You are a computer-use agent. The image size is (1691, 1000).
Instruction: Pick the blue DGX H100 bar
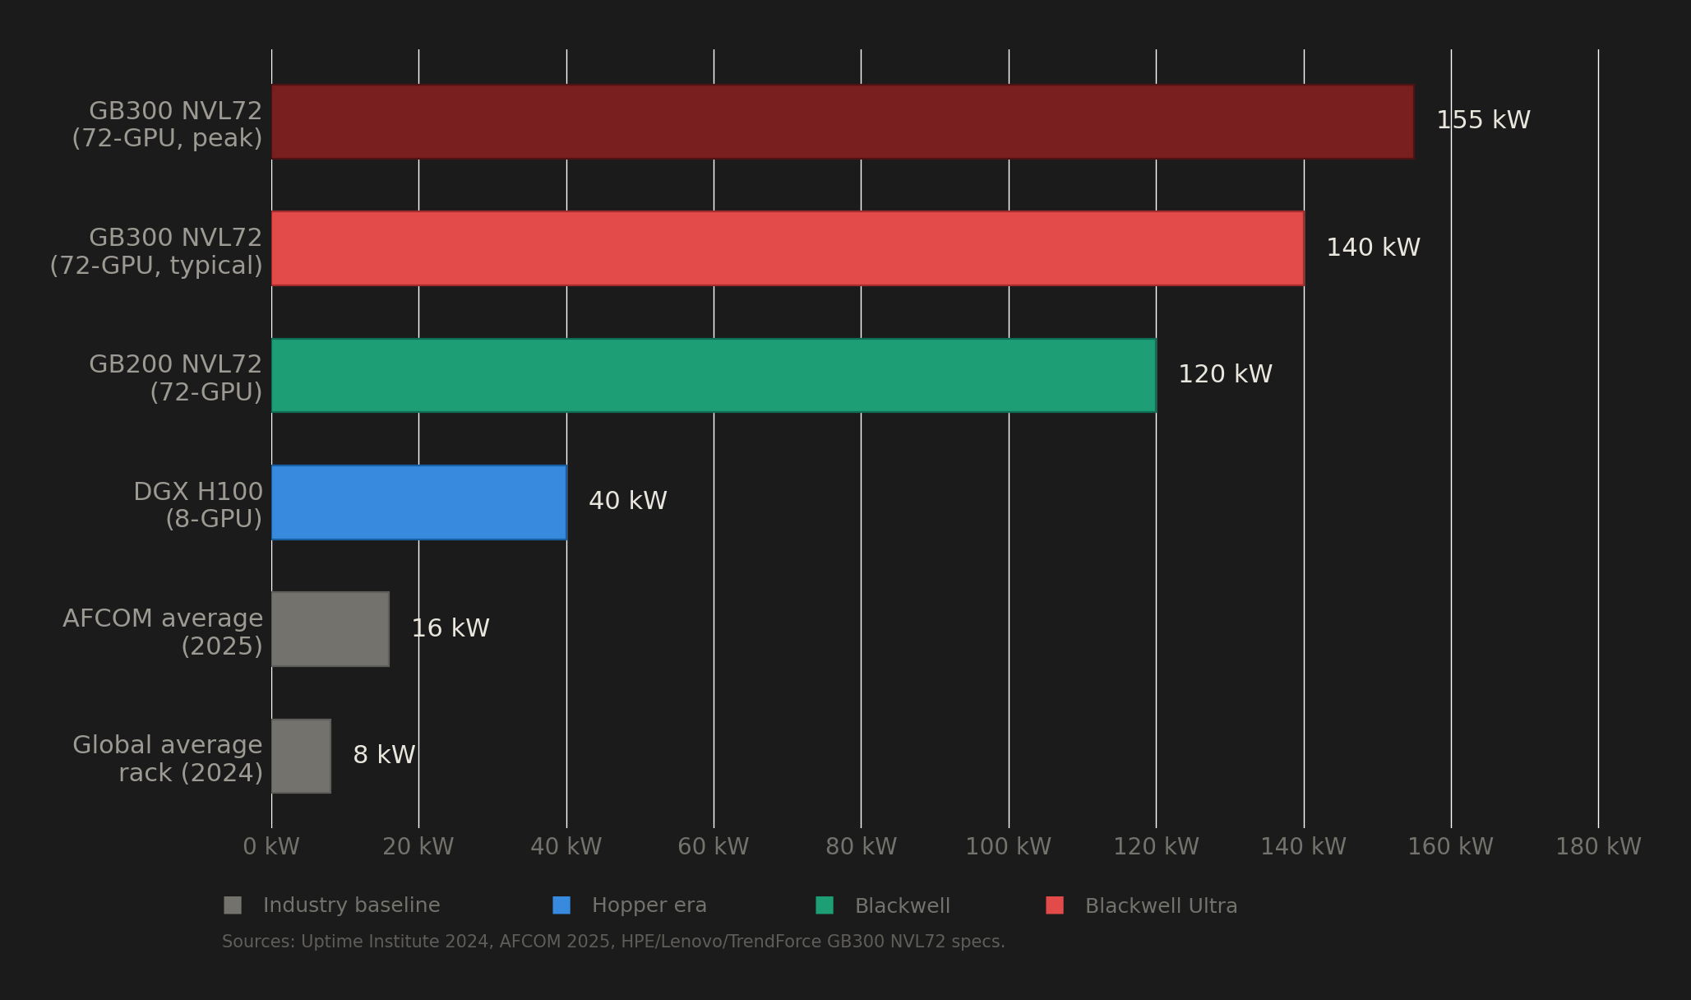point(418,502)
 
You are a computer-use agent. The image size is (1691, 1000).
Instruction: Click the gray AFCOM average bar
point(330,629)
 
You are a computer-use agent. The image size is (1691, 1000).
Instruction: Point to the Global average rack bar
point(301,756)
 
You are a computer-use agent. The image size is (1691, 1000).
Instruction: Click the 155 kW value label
point(1483,121)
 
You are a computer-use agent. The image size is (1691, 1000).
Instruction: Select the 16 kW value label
point(450,629)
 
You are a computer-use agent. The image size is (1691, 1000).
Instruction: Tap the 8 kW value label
point(384,756)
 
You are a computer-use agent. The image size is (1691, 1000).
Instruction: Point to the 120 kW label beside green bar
point(1225,375)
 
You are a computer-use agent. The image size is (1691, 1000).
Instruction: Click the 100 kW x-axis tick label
point(1008,847)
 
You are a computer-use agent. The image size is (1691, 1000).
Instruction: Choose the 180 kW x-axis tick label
point(1598,847)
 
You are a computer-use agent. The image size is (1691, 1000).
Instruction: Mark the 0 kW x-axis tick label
point(271,847)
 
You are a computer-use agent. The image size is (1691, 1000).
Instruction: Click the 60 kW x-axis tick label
point(713,847)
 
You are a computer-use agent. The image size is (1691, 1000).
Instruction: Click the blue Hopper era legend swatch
point(561,905)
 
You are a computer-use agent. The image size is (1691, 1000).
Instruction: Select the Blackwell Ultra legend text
point(1161,906)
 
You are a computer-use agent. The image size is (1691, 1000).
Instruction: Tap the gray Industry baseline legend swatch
point(233,905)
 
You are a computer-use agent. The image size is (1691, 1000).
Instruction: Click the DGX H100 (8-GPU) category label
point(198,505)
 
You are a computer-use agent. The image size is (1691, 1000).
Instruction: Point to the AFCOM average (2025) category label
point(163,632)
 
